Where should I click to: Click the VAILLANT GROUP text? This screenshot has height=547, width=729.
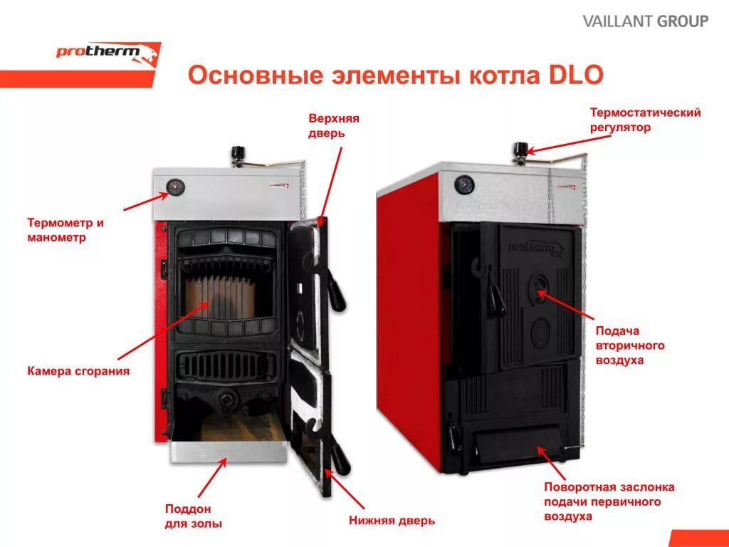point(646,21)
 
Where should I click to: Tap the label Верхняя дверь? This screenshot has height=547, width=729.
point(333,125)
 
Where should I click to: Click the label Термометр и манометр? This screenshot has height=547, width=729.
point(65,230)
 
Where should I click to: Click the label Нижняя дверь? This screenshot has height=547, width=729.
point(392,521)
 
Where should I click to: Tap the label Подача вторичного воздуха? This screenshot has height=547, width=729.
point(629,345)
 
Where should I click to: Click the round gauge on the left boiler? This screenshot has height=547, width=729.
point(174,187)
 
